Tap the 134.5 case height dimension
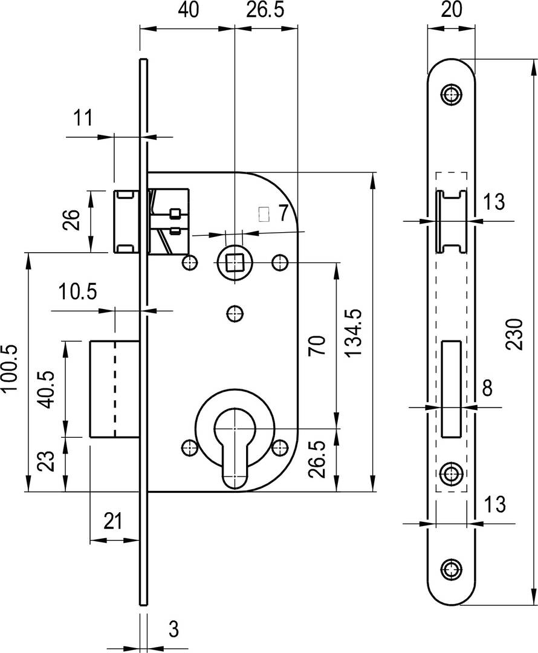coord(354,333)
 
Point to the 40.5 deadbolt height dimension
coord(46,389)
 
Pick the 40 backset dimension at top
coord(189,10)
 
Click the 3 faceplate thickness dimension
coord(174,629)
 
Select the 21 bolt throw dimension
coord(112,521)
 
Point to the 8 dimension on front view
coord(487,388)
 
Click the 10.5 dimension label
coord(77,291)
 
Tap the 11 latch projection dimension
coord(83,118)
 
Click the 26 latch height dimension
coord(71,220)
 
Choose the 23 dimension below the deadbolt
coord(47,461)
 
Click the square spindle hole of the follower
coord(235,263)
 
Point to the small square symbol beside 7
coord(264,214)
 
